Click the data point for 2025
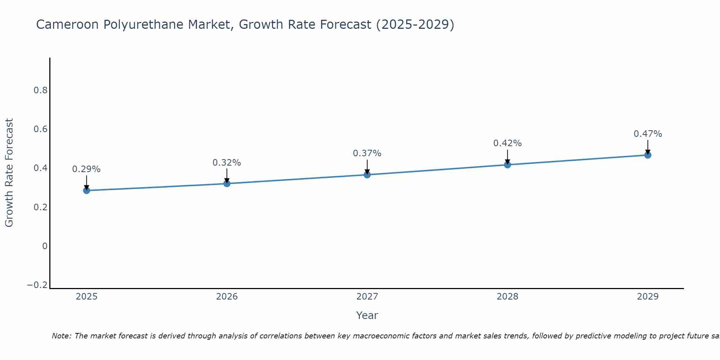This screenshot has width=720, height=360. pos(86,190)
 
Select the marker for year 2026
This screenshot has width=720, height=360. pos(227,184)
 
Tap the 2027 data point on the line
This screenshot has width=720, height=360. pos(367,175)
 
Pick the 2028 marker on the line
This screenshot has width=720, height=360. pos(508,165)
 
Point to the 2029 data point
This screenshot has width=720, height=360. pos(648,155)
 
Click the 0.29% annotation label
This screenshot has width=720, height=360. pos(86,169)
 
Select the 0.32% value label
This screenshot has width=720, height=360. pos(227,163)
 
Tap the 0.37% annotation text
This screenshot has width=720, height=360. pos(367,153)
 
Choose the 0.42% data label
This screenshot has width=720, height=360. pos(508,143)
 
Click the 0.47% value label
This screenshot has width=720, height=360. pos(648,134)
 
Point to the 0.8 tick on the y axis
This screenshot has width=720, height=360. pos(41,90)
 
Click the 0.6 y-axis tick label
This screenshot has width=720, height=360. pos(41,129)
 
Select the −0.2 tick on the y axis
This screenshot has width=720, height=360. pos(37,285)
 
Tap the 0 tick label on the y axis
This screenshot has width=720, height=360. pos(45,246)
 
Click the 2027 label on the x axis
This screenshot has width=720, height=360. pos(367,297)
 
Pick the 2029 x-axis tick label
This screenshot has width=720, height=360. pos(648,297)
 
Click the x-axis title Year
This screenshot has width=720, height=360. pos(367,316)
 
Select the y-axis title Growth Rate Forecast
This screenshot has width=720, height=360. pos(9,173)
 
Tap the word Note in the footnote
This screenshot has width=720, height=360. pos(61,336)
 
